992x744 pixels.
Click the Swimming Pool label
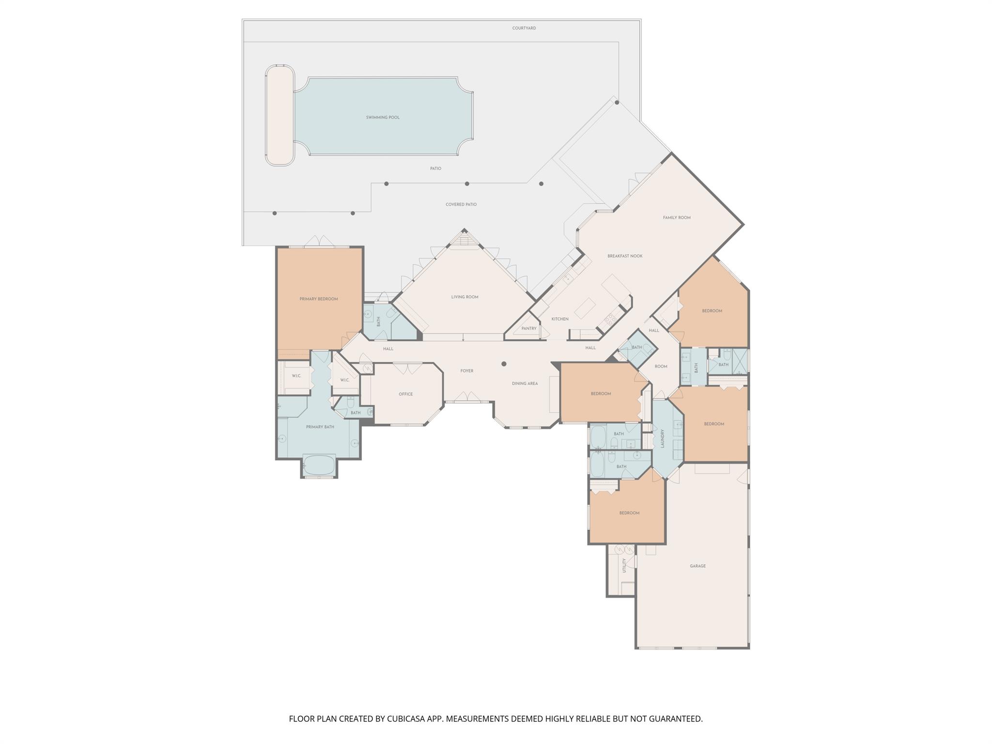[383, 117]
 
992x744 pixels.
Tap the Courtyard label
[524, 28]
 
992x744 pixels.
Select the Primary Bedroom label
[318, 299]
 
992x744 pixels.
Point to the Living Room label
[465, 297]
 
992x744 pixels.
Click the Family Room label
[676, 217]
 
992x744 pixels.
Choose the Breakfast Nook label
[625, 256]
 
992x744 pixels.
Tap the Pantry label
[528, 328]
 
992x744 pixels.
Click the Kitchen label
[559, 319]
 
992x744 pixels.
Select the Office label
[405, 394]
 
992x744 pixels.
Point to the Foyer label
[466, 371]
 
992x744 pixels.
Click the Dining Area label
[525, 383]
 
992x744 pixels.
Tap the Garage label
[697, 566]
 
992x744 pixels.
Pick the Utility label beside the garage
[624, 565]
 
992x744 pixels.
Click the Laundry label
[662, 438]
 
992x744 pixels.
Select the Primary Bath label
[320, 427]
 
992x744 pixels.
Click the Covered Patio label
[461, 204]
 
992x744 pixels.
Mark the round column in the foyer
[504, 364]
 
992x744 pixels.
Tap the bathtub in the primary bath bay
[319, 465]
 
